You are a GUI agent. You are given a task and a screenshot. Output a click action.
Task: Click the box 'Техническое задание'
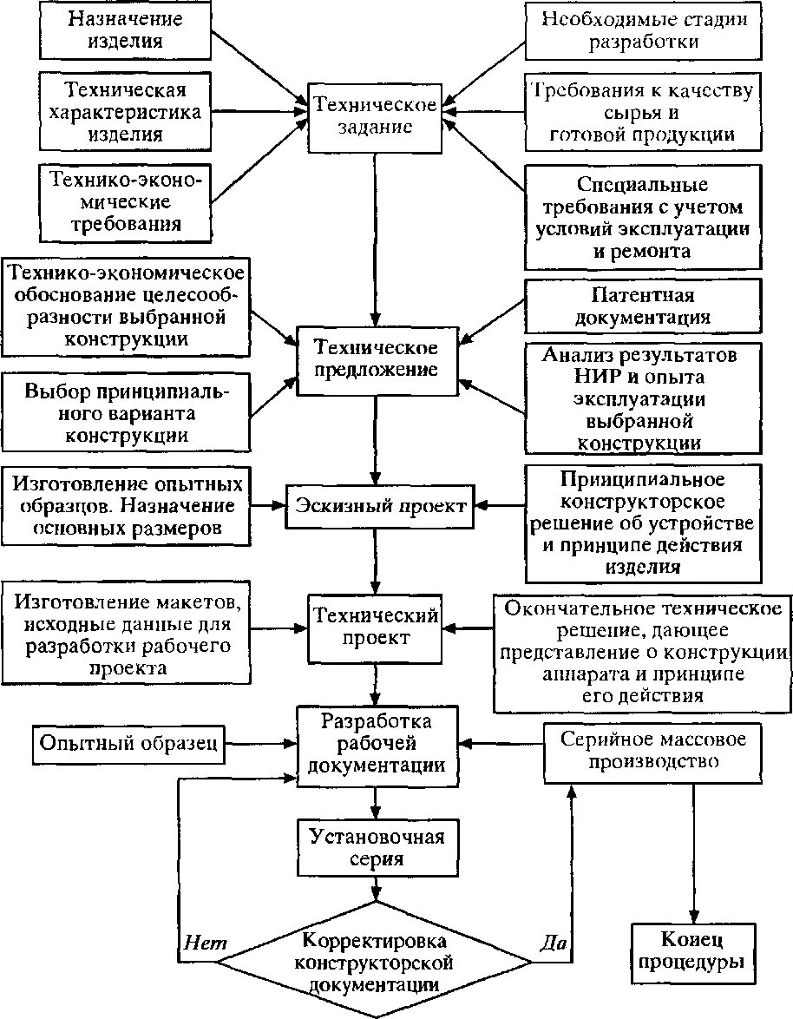[x=375, y=116]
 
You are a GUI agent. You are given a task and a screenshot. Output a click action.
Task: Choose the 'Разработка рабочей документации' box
[x=377, y=744]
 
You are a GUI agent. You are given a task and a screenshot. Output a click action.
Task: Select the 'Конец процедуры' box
[x=691, y=951]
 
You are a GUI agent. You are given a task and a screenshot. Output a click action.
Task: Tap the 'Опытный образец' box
[x=128, y=743]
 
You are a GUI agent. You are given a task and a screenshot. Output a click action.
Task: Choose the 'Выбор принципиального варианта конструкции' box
[x=127, y=411]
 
